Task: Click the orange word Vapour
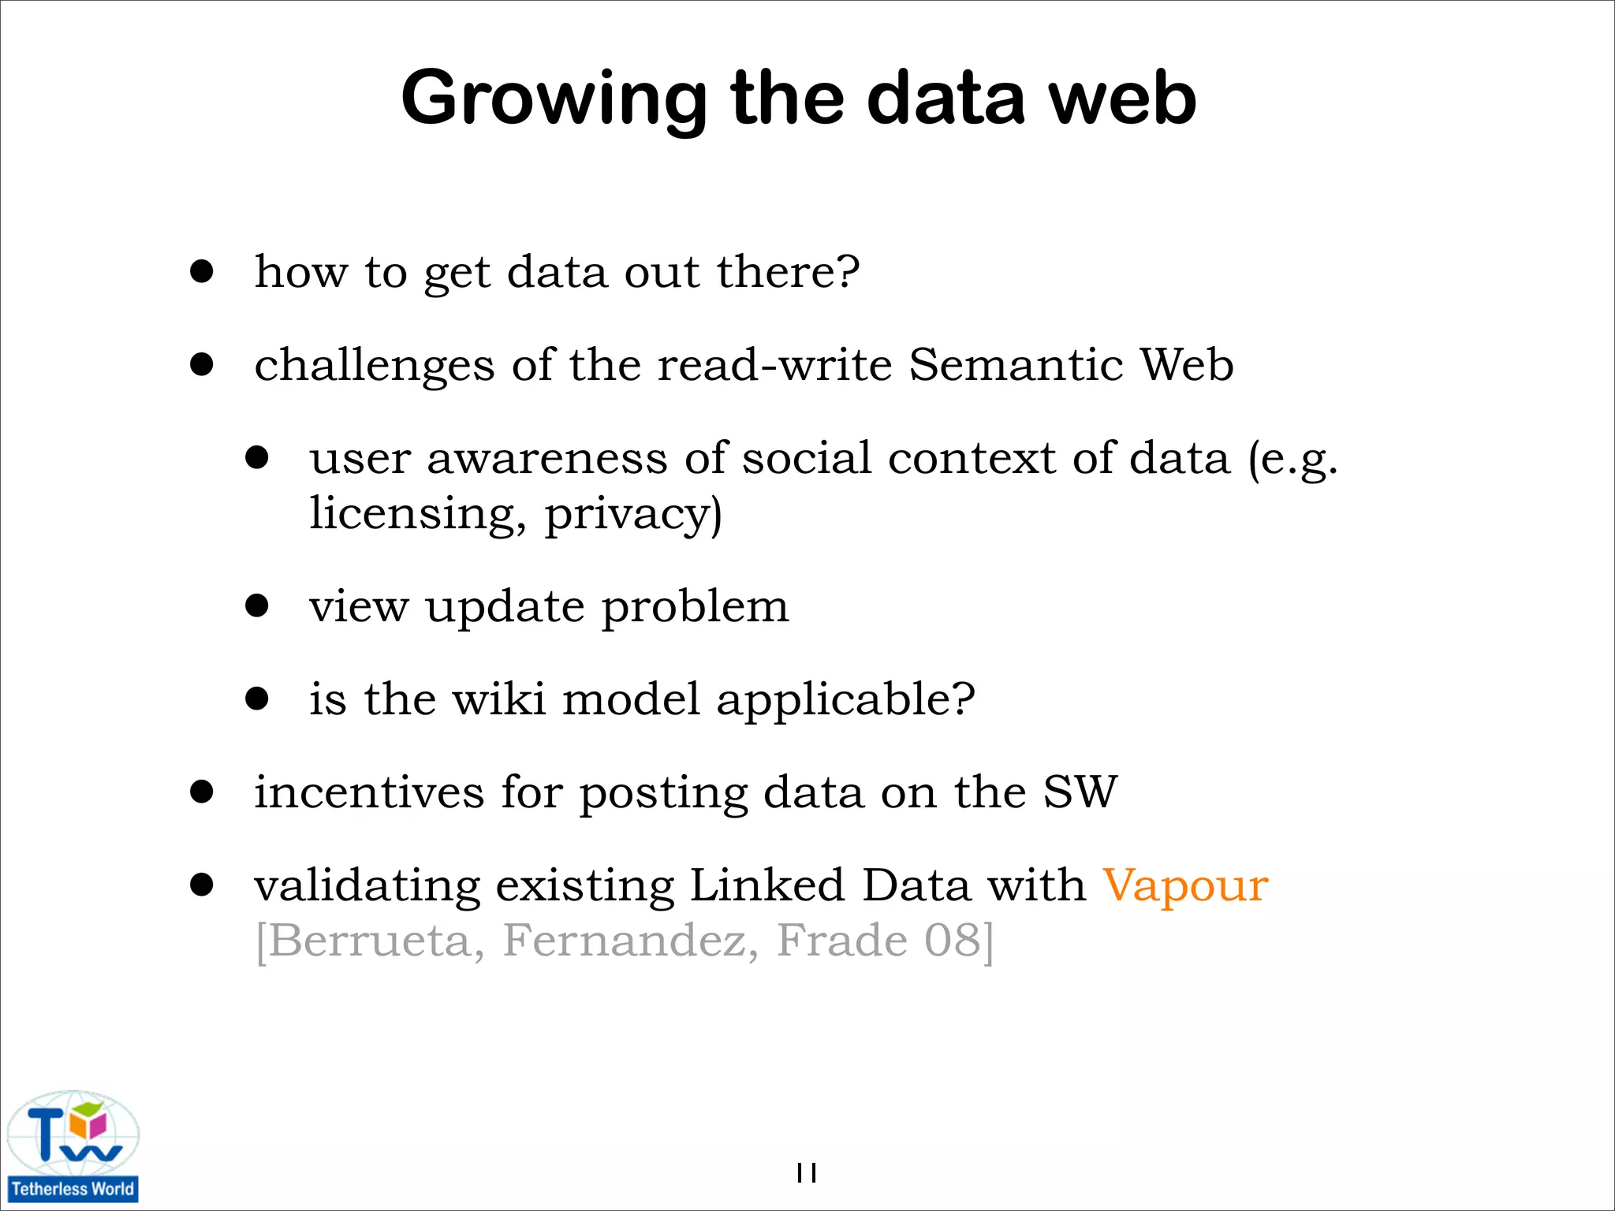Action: (x=1184, y=885)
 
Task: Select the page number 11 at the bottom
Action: (x=806, y=1173)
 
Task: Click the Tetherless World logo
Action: (x=73, y=1146)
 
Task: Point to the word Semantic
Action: (x=1016, y=365)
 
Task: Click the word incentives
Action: (x=368, y=792)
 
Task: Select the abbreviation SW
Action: (x=1080, y=792)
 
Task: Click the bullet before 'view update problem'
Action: (x=257, y=605)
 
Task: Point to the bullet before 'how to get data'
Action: (x=202, y=271)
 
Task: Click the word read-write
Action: (x=774, y=365)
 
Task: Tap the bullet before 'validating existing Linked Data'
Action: (x=202, y=885)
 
